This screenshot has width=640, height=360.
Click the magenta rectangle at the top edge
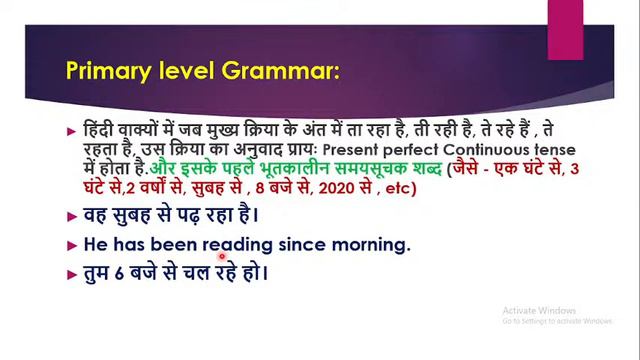[x=564, y=14]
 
